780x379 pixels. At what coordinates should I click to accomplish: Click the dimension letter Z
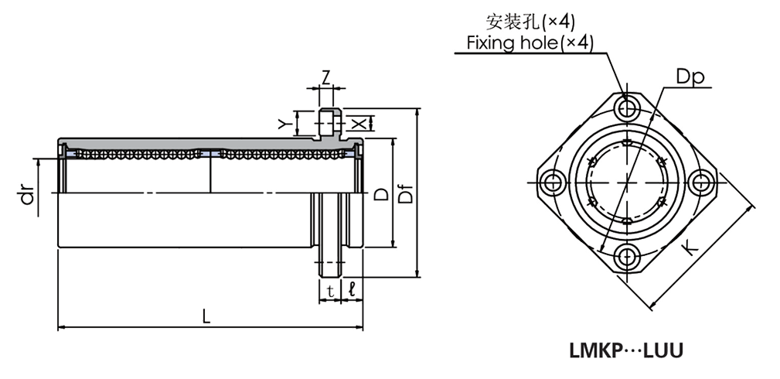pos(326,77)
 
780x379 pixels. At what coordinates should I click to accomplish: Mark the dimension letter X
pos(356,123)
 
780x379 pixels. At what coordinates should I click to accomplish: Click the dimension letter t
pos(329,291)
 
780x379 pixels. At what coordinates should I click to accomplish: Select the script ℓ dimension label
pos(352,290)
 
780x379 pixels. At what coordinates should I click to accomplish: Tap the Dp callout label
pos(692,77)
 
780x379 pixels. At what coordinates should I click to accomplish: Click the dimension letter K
pos(691,248)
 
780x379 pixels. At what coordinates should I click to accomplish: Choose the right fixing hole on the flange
pos(702,183)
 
